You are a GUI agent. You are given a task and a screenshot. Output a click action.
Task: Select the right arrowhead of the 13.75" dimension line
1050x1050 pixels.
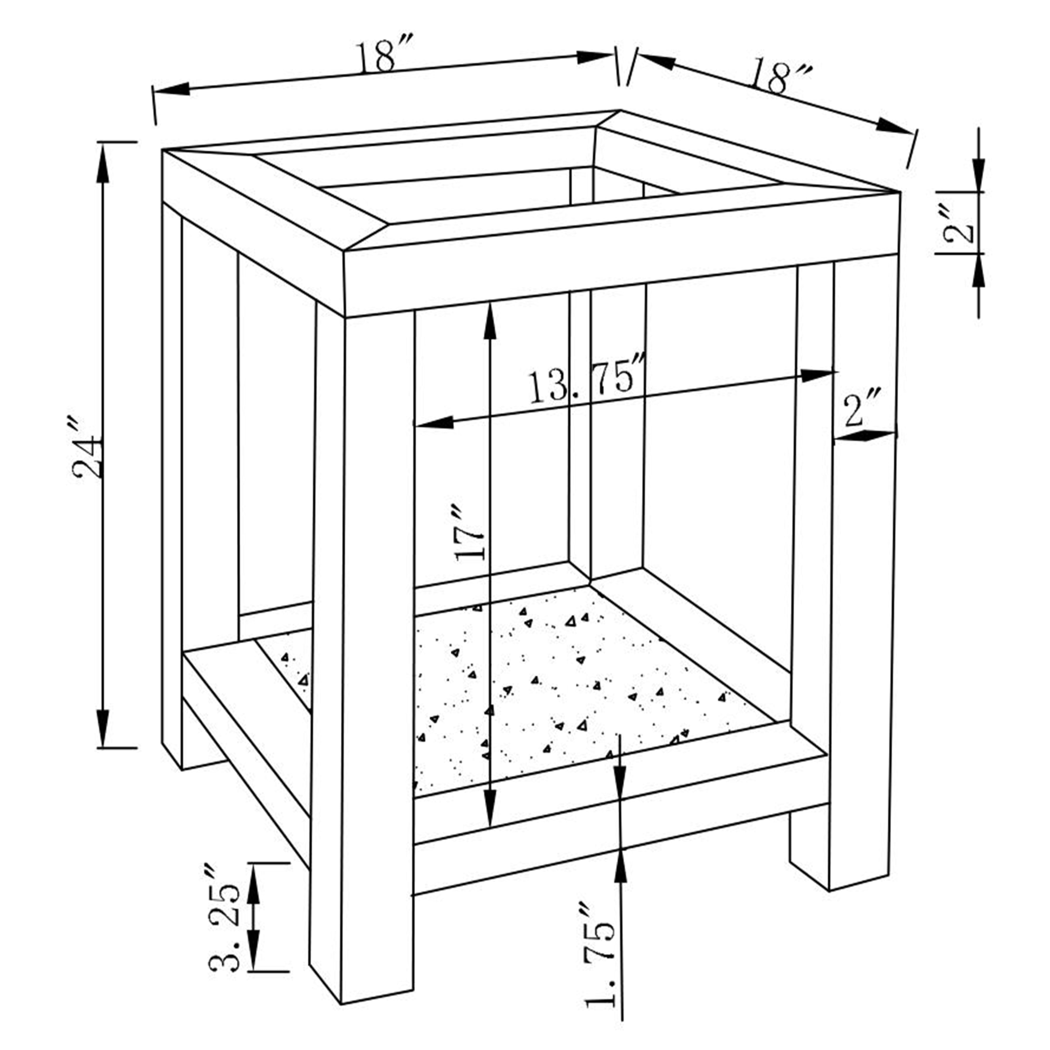pyautogui.click(x=818, y=375)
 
